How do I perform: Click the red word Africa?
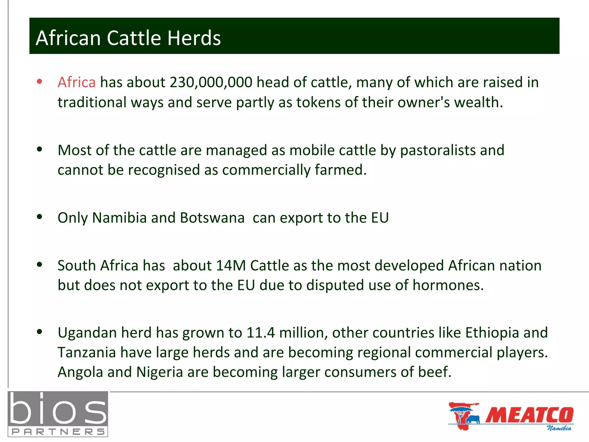coord(77,83)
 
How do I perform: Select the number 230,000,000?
coord(211,83)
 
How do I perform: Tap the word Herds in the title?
coord(194,38)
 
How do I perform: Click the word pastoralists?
coord(438,150)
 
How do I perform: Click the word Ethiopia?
coord(492,333)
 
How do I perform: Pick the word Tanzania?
coord(87,353)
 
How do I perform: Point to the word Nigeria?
coord(160,372)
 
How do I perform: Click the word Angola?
coord(80,372)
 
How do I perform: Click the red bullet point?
coord(40,81)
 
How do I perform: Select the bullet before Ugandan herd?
coord(40,332)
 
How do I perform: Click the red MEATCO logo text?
coord(529,415)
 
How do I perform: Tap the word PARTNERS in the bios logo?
coord(58,432)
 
